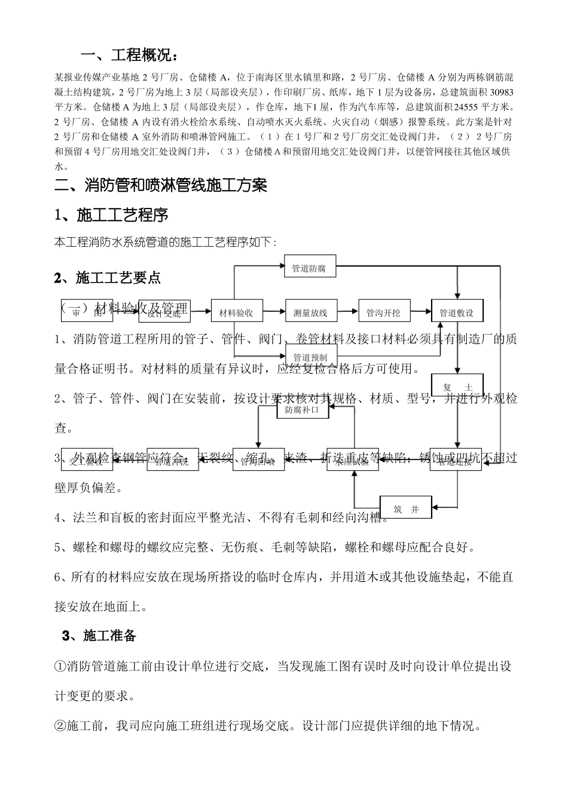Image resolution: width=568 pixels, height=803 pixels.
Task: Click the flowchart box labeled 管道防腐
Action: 309,268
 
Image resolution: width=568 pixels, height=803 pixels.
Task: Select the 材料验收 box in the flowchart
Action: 236,312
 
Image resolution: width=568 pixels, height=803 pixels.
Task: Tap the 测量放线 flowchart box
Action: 310,312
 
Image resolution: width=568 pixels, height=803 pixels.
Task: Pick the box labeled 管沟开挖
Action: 383,312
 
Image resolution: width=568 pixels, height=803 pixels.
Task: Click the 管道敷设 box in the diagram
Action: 456,312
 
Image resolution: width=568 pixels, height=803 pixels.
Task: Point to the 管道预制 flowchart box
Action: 310,357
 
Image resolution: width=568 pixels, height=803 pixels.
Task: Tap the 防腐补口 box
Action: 302,410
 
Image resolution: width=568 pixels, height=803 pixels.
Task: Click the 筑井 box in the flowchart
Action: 406,509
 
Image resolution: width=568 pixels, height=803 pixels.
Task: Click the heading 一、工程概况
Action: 129,56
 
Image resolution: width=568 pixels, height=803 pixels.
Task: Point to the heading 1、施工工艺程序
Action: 111,214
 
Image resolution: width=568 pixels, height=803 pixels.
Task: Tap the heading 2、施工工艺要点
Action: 107,277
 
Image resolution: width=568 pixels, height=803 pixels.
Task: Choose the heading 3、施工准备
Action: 99,635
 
